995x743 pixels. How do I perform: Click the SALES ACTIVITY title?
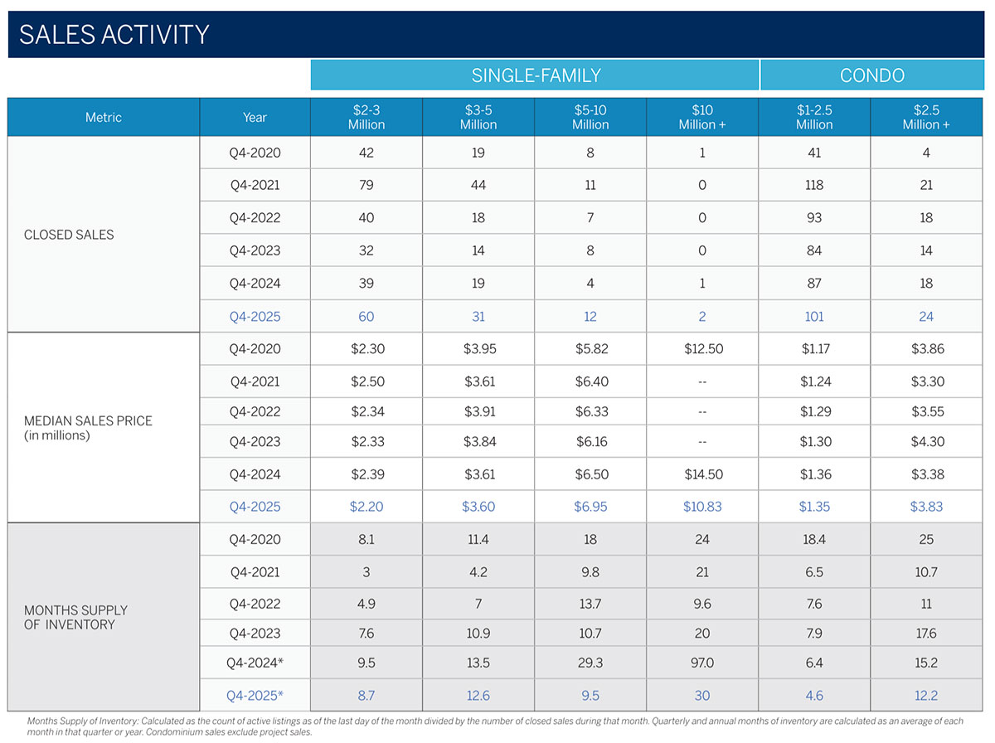click(x=114, y=35)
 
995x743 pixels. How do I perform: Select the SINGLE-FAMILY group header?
click(x=536, y=75)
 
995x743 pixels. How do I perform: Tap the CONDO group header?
click(x=871, y=75)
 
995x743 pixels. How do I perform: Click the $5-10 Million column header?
click(x=590, y=117)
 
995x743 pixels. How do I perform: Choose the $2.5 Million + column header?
click(x=926, y=117)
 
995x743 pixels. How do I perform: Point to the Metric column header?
click(x=104, y=118)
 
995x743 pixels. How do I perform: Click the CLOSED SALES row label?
click(x=69, y=235)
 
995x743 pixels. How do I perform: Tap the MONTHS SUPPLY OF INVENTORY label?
click(x=75, y=617)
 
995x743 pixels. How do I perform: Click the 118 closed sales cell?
click(x=814, y=185)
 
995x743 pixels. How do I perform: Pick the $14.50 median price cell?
click(x=702, y=474)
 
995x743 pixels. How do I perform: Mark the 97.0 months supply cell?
click(x=702, y=663)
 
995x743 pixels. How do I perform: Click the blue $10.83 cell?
click(x=702, y=507)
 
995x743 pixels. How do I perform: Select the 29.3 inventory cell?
click(x=590, y=663)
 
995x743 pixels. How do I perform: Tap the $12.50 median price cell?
click(x=702, y=349)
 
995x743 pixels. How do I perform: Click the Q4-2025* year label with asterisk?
click(x=255, y=696)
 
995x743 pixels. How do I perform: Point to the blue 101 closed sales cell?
click(x=814, y=316)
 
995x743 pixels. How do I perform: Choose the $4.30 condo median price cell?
click(x=926, y=441)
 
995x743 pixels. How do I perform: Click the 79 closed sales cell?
click(x=366, y=185)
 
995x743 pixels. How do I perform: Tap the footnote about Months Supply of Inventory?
click(x=489, y=726)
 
